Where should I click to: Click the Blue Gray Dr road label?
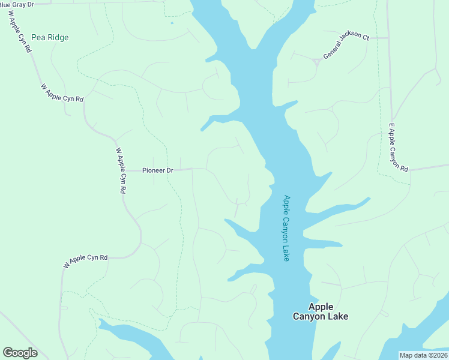17,4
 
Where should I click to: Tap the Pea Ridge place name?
51,37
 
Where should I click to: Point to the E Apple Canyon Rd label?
398,148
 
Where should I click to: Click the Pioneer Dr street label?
157,170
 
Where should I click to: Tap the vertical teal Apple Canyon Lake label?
286,228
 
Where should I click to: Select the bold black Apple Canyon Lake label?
320,311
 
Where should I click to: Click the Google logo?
20,353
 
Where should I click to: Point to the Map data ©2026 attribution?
423,355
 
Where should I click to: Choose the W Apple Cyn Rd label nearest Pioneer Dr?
121,170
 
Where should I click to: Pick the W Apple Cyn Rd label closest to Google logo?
85,261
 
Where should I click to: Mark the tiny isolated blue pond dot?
172,23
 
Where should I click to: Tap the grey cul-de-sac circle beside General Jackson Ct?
316,61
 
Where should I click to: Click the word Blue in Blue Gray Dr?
5,4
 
